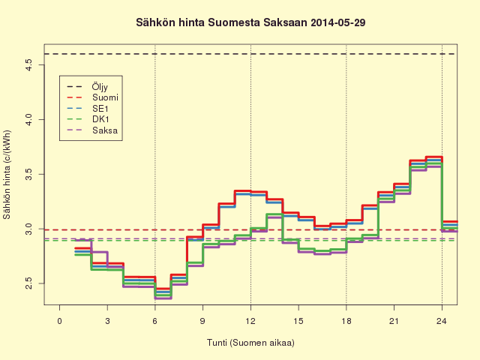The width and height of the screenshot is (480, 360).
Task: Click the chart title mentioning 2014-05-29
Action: click(250, 22)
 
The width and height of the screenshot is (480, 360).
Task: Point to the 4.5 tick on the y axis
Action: click(29, 65)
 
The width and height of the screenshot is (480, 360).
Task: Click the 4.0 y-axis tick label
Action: click(29, 120)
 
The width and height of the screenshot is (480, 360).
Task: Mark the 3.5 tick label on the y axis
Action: click(29, 174)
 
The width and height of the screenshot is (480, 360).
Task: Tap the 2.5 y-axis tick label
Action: click(29, 283)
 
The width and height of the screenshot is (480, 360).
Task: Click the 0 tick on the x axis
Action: click(60, 321)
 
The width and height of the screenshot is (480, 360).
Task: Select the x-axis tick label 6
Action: click(155, 321)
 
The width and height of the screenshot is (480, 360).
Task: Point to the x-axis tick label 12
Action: click(250, 321)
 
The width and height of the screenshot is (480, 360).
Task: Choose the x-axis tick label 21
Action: click(394, 321)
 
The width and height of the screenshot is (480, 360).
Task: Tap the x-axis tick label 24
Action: click(442, 321)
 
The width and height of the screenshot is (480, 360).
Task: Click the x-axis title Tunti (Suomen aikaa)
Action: click(250, 343)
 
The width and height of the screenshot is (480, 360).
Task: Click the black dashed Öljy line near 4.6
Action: click(250, 54)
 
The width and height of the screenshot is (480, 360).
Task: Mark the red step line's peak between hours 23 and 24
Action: click(433, 157)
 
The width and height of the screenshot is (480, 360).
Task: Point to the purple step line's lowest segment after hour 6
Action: click(163, 298)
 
